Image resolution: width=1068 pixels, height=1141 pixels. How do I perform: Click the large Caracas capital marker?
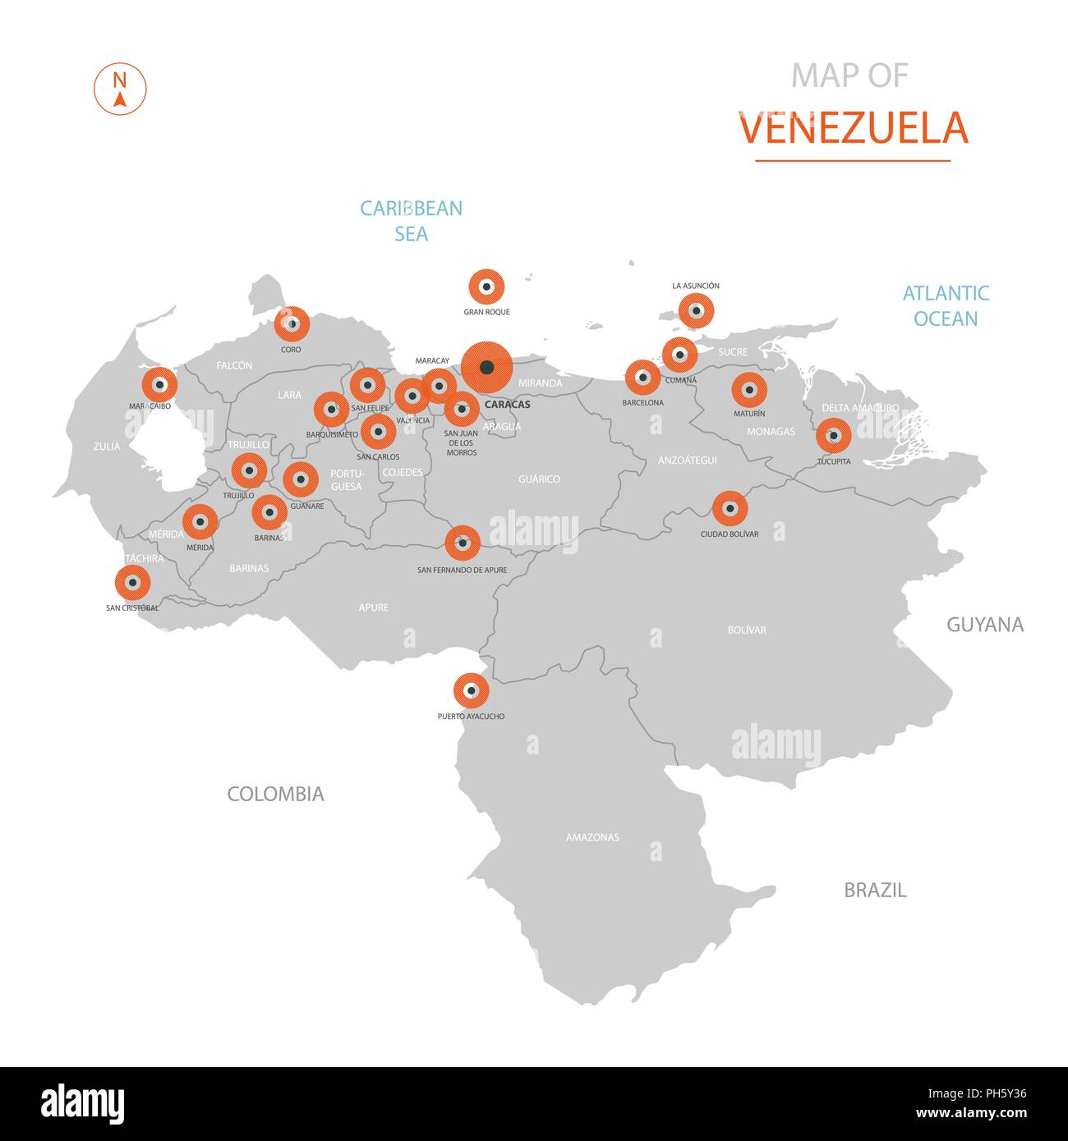486,367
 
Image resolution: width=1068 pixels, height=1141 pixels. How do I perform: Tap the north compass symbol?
120,89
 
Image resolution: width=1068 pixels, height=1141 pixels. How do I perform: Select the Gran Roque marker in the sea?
486,287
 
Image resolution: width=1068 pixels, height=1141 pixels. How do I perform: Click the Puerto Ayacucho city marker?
471,691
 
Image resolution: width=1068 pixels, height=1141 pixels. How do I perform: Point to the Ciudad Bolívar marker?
730,508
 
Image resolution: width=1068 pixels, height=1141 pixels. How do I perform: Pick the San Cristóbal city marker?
132,583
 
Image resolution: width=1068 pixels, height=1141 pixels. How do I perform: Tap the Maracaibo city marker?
159,384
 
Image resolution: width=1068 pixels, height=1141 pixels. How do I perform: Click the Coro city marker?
292,324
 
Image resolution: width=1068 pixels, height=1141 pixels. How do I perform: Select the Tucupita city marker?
833,435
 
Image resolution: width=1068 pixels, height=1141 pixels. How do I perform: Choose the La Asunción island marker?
696,311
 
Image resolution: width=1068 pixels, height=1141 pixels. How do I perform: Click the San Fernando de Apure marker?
463,543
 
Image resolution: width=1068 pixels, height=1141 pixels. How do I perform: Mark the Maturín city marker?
748,390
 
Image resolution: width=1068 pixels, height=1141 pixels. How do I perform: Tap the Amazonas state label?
592,837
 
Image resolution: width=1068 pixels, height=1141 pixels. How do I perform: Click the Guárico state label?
539,479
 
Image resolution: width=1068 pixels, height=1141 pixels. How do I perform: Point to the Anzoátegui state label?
687,461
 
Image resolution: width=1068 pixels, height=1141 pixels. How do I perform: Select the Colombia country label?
275,794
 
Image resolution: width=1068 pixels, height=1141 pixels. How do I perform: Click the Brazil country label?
875,890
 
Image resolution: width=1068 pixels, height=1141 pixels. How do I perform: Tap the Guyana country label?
984,625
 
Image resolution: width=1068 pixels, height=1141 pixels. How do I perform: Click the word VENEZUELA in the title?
853,128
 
